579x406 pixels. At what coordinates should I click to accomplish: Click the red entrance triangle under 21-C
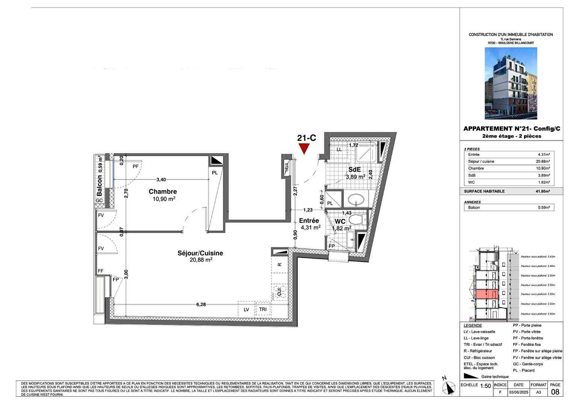[x=304, y=148]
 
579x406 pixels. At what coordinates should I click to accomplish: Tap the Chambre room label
[x=163, y=192]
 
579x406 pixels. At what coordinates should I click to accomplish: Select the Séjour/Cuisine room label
[x=200, y=253]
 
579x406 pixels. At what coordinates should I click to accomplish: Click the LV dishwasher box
[x=246, y=309]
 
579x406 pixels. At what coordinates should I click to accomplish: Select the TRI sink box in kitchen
[x=263, y=309]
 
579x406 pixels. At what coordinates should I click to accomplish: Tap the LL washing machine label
[x=339, y=150]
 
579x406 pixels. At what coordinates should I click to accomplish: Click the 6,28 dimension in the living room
[x=201, y=304]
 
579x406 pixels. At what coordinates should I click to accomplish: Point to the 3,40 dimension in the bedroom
[x=161, y=180]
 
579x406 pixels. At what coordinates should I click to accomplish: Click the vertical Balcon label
[x=100, y=185]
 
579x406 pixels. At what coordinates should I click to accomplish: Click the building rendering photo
[x=511, y=83]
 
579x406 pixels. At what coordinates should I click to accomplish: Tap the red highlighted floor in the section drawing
[x=487, y=294]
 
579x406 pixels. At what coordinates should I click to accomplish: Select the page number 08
[x=555, y=392]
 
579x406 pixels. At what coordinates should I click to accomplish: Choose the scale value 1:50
[x=485, y=386]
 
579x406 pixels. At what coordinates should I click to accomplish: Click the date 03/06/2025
[x=518, y=392]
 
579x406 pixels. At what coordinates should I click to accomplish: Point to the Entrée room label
[x=309, y=221]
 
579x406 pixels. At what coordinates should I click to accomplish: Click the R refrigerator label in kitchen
[x=279, y=265]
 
